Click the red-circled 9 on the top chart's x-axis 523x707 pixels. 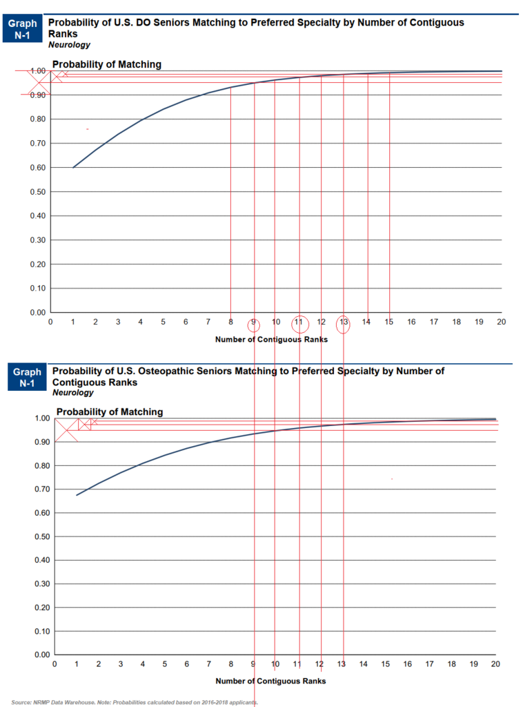(254, 322)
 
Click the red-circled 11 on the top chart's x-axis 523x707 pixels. (299, 322)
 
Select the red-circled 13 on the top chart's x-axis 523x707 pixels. (344, 322)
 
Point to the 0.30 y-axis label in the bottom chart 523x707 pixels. (42, 584)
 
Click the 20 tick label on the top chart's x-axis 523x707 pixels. (502, 322)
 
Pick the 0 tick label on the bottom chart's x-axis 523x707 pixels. (55, 664)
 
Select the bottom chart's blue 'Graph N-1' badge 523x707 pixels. (27, 378)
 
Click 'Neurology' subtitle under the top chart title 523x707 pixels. (69, 45)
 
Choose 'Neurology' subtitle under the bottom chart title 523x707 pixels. (72, 393)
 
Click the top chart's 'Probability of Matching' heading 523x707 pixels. (107, 64)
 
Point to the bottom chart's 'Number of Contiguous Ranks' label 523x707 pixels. (270, 681)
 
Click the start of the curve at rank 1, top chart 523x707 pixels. (73, 167)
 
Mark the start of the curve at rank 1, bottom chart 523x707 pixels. (77, 495)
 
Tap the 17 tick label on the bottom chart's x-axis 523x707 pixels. (429, 664)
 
